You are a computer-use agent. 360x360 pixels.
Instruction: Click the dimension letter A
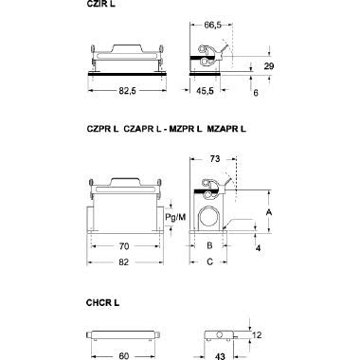pyautogui.click(x=270, y=214)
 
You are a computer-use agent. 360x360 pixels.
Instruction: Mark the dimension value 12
pyautogui.click(x=259, y=333)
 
